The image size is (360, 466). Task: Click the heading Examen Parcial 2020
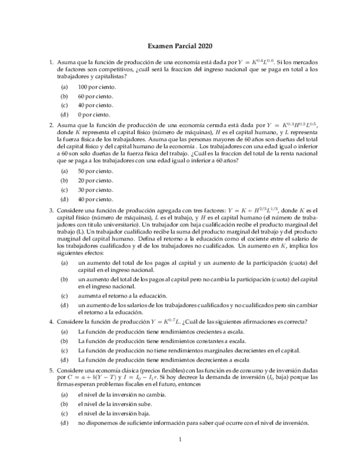(x=180, y=47)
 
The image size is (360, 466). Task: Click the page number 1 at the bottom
(x=180, y=439)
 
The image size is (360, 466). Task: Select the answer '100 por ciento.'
(x=97, y=87)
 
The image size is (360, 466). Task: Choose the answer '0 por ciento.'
(x=94, y=115)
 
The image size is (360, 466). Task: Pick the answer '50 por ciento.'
(x=95, y=171)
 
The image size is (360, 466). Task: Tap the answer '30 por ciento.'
(x=95, y=190)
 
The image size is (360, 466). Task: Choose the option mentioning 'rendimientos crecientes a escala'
(x=161, y=331)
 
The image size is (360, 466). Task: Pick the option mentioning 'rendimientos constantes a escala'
(x=162, y=341)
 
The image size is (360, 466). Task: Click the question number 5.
(x=51, y=371)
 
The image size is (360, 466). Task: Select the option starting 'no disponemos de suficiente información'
(x=193, y=423)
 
